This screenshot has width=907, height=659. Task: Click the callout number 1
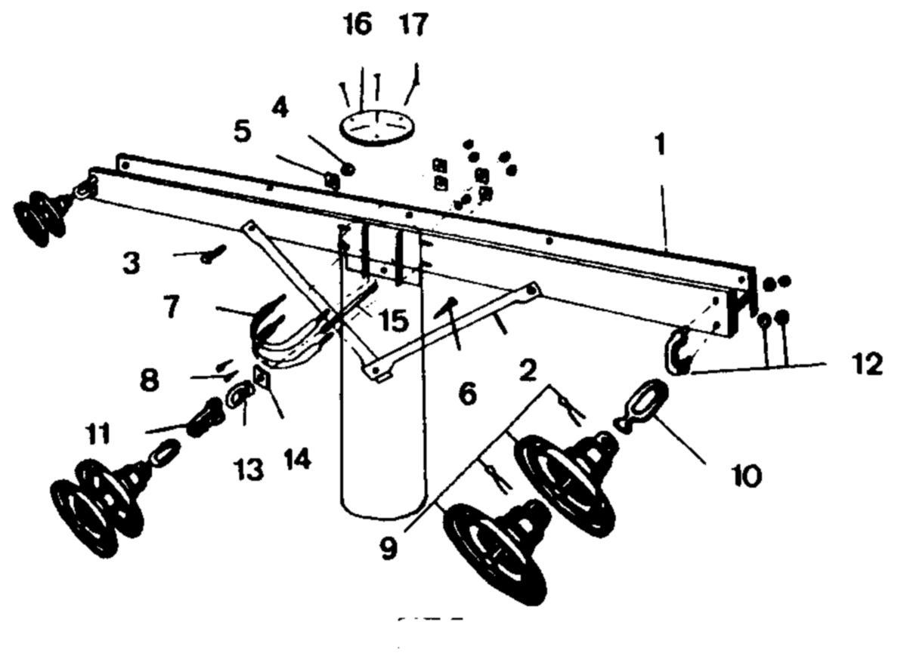click(661, 146)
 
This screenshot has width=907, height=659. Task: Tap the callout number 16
click(358, 24)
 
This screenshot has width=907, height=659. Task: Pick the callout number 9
click(388, 548)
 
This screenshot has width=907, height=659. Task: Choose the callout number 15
click(395, 320)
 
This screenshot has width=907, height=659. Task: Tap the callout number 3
click(132, 263)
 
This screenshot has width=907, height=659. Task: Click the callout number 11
click(98, 433)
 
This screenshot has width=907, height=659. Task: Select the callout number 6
click(468, 393)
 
